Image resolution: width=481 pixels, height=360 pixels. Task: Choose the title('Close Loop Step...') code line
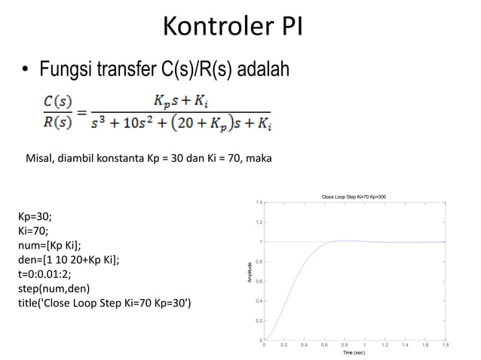coord(104,303)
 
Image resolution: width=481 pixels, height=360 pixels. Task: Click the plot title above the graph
coord(354,196)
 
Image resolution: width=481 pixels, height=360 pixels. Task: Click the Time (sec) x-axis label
coord(354,352)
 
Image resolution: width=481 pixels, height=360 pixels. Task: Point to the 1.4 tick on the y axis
coord(257,203)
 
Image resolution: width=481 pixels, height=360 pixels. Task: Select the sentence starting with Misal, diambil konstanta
coord(150,159)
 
